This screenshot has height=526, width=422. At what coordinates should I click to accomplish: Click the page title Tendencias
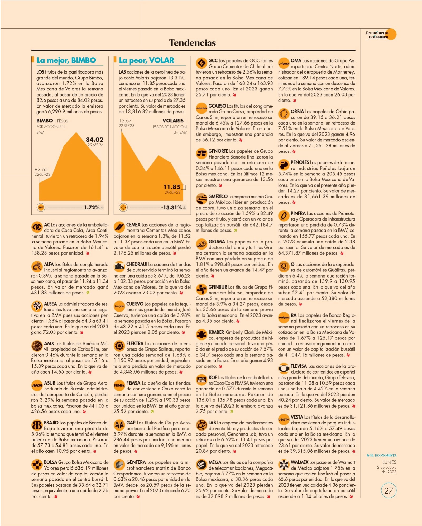point(193,43)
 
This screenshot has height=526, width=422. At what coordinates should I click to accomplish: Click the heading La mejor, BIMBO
point(66,60)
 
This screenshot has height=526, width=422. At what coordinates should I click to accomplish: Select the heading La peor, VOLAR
point(146,60)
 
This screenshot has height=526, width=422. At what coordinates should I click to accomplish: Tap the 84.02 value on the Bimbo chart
point(94,140)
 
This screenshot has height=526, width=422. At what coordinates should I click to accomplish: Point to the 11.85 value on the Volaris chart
point(172,187)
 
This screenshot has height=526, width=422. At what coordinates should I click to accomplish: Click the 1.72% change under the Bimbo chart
point(92,208)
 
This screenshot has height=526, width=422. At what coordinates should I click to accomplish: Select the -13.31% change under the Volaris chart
point(171,208)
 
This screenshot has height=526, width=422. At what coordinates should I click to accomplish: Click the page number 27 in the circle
point(389,491)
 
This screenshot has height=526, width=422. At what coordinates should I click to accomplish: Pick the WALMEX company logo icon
point(284,465)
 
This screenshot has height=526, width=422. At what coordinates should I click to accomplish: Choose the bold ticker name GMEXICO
point(218,197)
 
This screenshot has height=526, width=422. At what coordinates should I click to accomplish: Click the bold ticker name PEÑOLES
point(300,162)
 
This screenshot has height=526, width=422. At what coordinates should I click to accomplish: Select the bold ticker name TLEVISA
point(299,366)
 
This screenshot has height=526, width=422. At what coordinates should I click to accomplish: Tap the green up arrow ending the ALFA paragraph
point(88,293)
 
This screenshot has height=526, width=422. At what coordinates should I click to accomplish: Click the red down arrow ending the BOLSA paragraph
point(56,496)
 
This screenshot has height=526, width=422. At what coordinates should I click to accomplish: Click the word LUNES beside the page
point(389,462)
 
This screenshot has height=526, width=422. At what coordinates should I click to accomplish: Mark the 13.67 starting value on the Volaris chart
point(125,121)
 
